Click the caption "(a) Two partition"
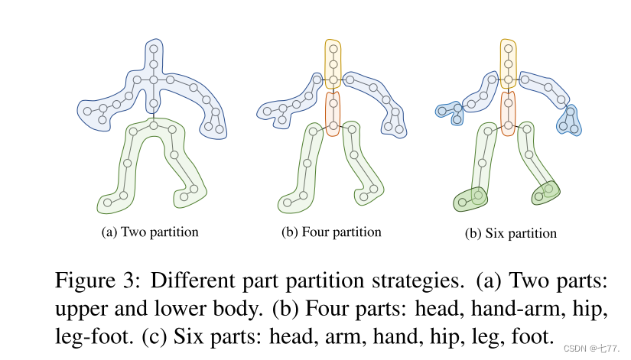150,232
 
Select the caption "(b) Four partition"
332,232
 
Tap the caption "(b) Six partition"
511,232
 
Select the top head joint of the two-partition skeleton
153,49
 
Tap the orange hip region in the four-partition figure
333,113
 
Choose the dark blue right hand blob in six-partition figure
570,118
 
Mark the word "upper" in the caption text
78,308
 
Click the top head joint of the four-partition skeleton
333,49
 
